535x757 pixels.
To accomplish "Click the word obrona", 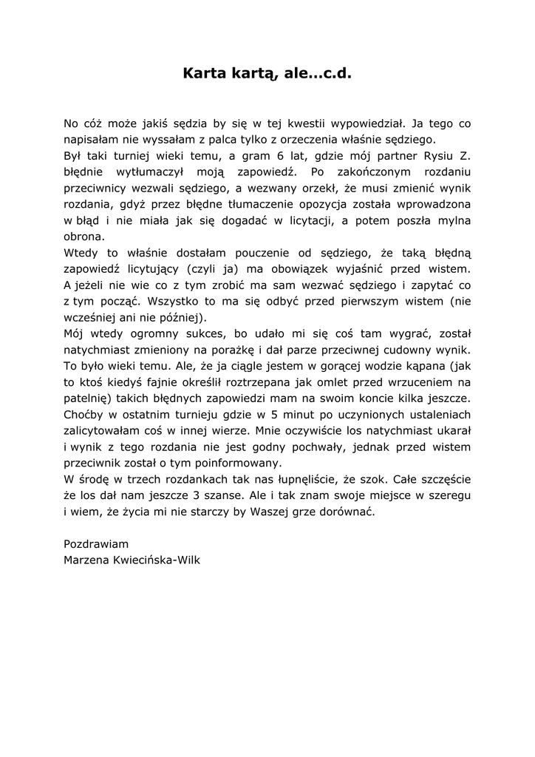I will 84,237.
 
